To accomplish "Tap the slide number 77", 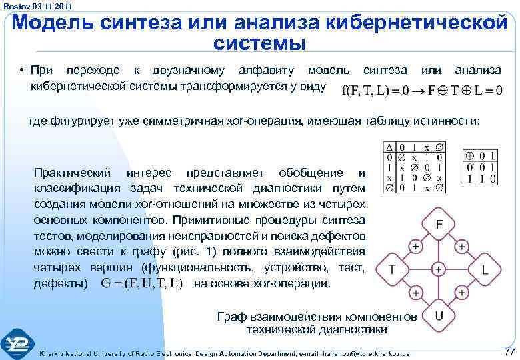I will coord(509,352).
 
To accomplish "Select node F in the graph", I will coord(439,225).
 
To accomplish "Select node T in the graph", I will coord(392,269).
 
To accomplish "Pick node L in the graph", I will coord(485,269).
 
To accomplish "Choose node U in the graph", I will coord(439,314).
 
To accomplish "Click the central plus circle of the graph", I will coord(439,269).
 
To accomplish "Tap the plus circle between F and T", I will coord(415,247).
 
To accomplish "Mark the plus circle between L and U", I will coord(461,292).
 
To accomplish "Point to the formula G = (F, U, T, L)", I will coord(142,283).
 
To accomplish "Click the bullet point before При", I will coord(22,70).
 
